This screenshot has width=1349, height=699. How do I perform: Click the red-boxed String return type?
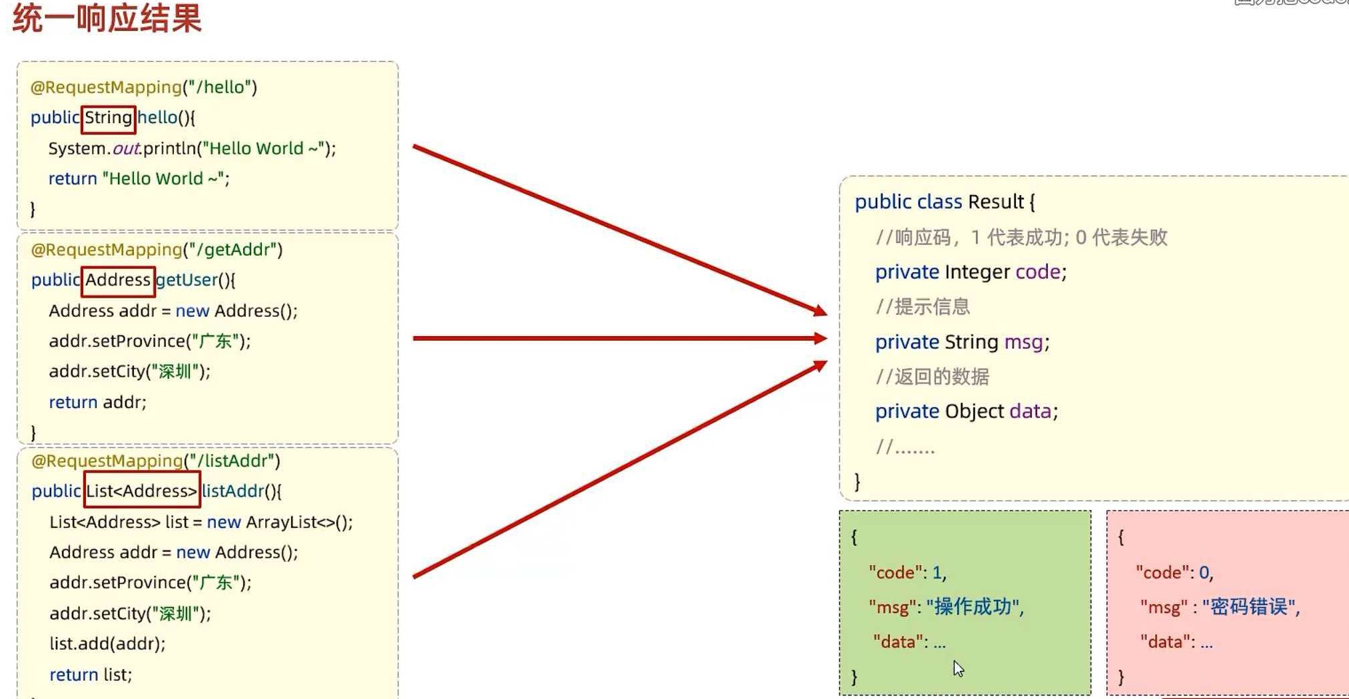pos(108,118)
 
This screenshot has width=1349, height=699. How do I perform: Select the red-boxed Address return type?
pos(118,280)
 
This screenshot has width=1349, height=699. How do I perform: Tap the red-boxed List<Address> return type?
pos(141,491)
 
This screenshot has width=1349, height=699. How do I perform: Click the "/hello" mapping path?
pos(220,87)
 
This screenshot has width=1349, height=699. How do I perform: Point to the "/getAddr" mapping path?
pos(232,250)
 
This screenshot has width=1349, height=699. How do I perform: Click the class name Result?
pos(995,202)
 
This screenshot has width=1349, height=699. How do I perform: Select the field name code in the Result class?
pos(1037,272)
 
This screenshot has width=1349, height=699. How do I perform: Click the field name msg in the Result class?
pos(1023,342)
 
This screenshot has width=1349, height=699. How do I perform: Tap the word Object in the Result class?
pos(974,411)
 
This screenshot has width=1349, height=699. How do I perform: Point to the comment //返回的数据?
pos(932,377)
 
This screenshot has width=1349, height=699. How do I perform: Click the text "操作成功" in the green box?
pos(973,607)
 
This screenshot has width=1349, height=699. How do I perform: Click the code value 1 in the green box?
pos(937,573)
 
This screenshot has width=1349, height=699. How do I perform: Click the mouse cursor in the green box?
pos(958,668)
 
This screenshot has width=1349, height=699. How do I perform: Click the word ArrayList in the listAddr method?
pos(280,522)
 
